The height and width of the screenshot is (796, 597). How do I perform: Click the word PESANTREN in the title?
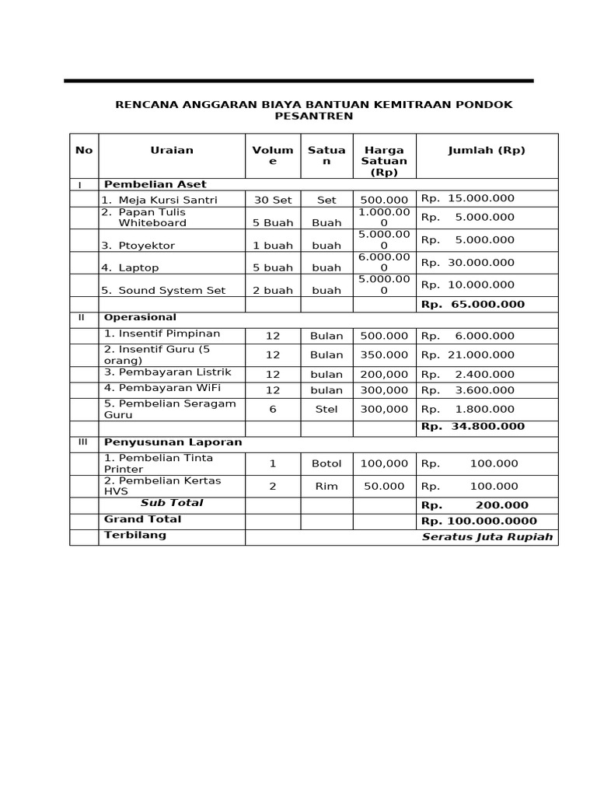click(x=313, y=117)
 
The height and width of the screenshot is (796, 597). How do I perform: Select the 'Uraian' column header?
click(x=172, y=150)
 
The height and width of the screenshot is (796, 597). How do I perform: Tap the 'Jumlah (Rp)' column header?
click(x=487, y=150)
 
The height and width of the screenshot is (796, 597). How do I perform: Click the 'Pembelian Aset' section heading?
click(x=155, y=184)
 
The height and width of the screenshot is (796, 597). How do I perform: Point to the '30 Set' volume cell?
click(x=273, y=200)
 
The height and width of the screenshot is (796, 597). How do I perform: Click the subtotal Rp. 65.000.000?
click(x=473, y=304)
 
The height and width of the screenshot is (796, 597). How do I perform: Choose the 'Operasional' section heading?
click(x=140, y=317)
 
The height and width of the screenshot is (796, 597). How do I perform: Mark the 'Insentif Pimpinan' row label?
click(x=162, y=333)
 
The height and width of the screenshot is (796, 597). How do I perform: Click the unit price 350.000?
click(x=384, y=354)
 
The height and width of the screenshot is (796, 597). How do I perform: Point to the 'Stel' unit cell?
click(x=326, y=409)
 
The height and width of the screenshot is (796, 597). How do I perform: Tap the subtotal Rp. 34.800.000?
click(x=473, y=426)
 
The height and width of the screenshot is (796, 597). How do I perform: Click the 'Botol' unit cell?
click(x=326, y=463)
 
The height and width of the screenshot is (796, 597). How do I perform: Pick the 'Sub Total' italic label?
click(x=172, y=503)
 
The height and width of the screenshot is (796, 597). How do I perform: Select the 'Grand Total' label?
click(x=142, y=518)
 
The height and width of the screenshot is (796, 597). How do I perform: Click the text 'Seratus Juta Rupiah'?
click(x=487, y=537)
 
